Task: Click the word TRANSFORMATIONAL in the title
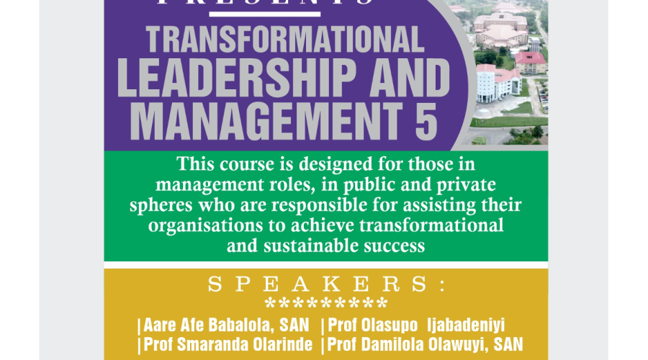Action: [x=285, y=40]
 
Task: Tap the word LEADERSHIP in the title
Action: [x=236, y=78]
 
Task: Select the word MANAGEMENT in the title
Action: [x=266, y=121]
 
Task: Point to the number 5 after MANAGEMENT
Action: [x=426, y=121]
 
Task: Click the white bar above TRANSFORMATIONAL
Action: [x=264, y=14]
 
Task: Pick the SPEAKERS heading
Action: [x=326, y=284]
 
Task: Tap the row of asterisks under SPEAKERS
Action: [x=326, y=303]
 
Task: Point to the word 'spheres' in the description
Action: [x=161, y=205]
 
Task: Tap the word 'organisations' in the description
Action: [x=205, y=225]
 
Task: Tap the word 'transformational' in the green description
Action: [x=431, y=225]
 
